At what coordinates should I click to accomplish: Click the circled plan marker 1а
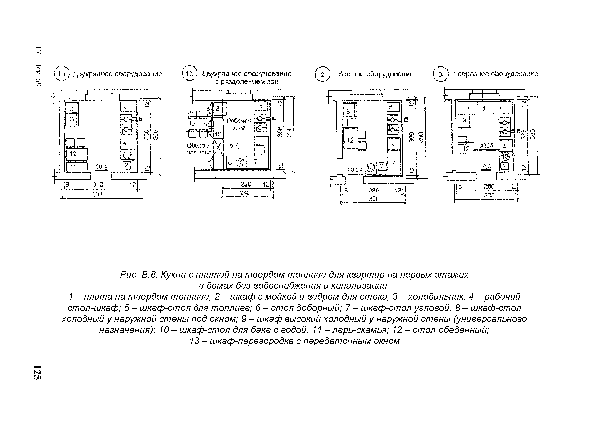tap(61, 74)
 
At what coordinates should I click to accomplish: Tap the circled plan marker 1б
tap(190, 74)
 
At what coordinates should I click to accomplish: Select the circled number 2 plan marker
tap(322, 74)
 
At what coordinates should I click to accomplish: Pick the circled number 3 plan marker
tap(440, 75)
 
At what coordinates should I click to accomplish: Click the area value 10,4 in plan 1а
tap(101, 167)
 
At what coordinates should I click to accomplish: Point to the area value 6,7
tap(234, 145)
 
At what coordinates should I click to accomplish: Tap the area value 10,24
tap(355, 170)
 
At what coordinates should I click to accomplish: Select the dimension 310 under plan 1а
tap(98, 184)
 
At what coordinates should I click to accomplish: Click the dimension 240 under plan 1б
tap(245, 193)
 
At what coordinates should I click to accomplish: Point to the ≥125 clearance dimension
tap(486, 145)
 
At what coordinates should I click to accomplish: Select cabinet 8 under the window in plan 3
tap(484, 108)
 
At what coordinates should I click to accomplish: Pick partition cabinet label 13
tap(218, 134)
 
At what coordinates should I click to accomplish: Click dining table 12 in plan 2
tap(351, 140)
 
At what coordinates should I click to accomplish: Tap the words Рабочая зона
tap(239, 124)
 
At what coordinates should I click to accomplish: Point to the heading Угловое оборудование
tap(375, 74)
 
